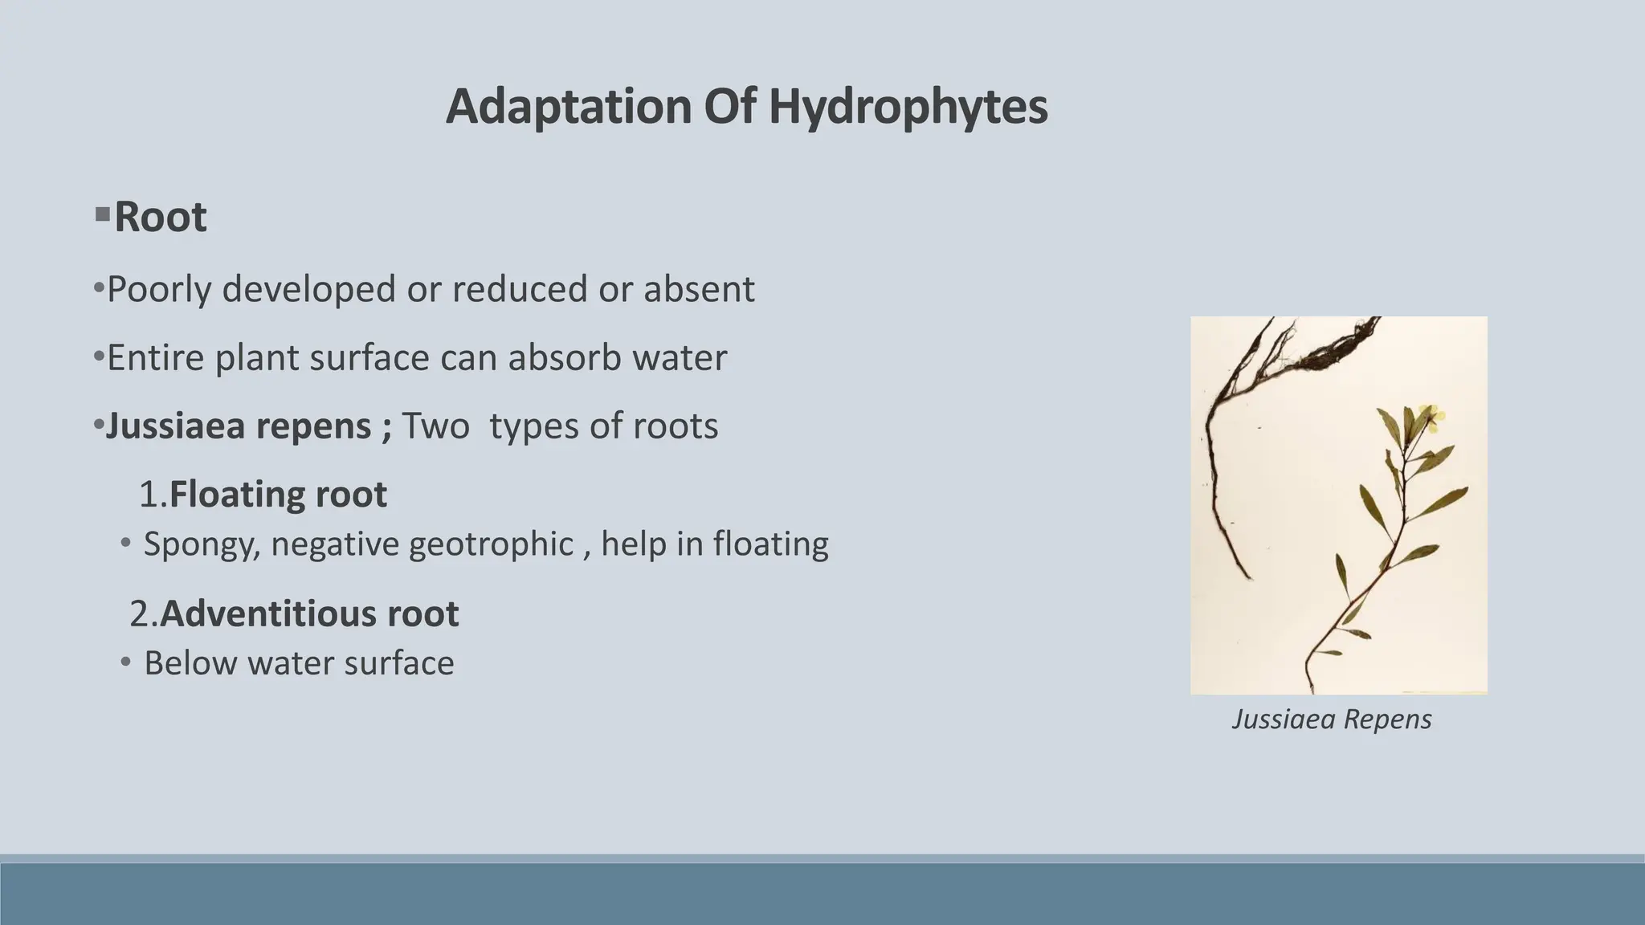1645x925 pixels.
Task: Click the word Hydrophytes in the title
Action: [908, 107]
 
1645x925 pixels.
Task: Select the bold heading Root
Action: [161, 217]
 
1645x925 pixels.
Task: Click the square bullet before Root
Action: [102, 215]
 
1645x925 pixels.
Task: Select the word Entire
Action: [156, 358]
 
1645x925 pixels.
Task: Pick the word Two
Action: [435, 426]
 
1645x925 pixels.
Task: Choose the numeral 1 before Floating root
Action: [148, 495]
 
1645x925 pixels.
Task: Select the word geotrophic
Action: [491, 544]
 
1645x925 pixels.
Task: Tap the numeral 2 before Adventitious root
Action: [139, 614]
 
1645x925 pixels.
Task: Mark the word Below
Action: [190, 663]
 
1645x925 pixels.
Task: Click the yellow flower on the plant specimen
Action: [1430, 415]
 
